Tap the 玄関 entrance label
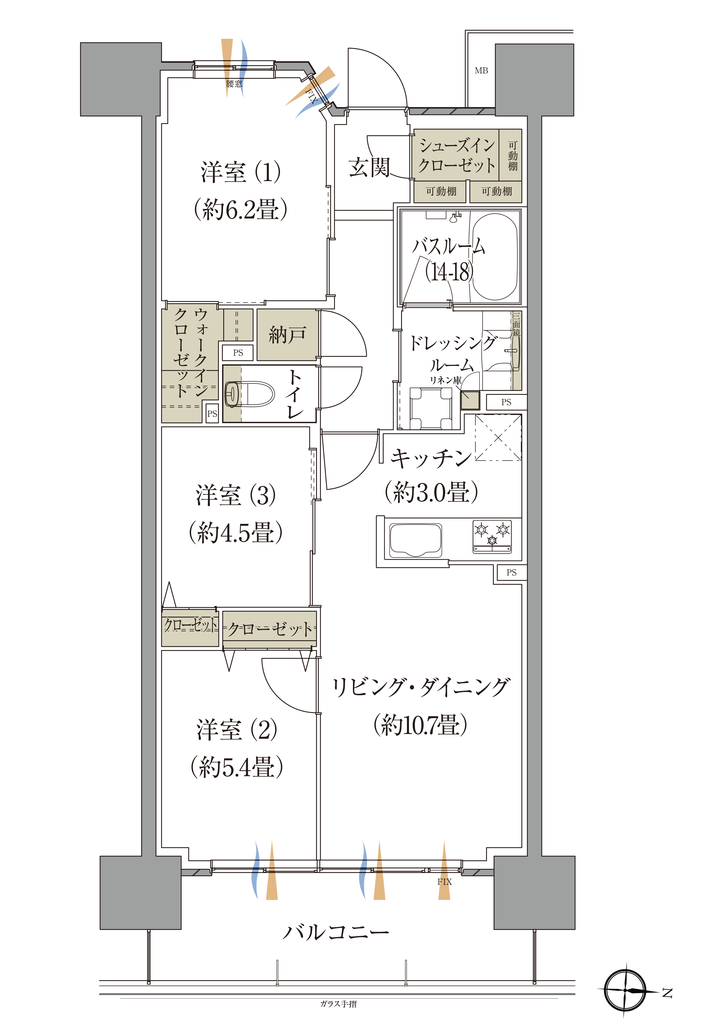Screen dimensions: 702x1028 point(369,167)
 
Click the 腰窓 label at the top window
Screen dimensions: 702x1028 point(234,84)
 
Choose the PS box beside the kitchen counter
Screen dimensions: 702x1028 point(512,572)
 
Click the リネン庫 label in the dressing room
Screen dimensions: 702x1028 point(446,380)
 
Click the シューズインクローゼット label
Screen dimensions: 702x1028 point(457,155)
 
